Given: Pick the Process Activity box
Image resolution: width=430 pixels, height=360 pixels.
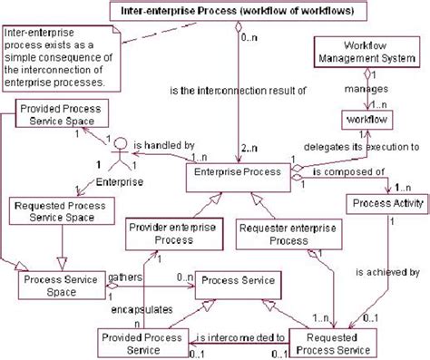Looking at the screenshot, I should [386, 205].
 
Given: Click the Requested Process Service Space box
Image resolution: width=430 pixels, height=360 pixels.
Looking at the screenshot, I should [52, 213].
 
